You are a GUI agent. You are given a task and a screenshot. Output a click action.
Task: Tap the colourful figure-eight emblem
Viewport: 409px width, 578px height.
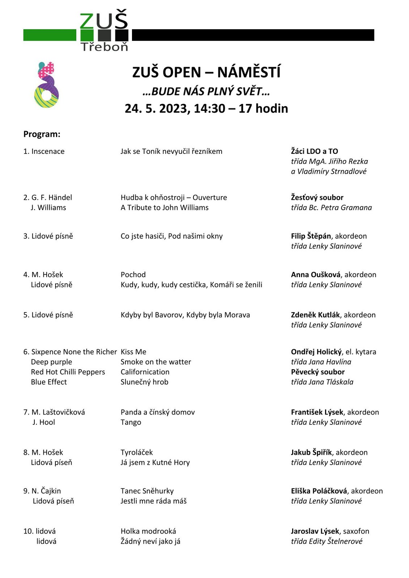coord(46,85)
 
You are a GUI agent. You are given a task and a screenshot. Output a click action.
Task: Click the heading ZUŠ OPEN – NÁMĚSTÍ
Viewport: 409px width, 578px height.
coord(206,72)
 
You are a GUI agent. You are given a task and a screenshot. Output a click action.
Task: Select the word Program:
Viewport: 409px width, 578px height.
coord(42,134)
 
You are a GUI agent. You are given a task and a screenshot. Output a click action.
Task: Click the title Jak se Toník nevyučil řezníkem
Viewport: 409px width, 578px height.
coord(171,151)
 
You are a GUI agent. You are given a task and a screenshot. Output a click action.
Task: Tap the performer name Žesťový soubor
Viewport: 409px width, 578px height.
coord(317,197)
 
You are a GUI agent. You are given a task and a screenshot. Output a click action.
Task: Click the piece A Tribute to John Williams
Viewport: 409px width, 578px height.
coord(165,207)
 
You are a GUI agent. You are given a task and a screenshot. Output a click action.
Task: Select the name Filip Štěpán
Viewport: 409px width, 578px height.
coord(311,236)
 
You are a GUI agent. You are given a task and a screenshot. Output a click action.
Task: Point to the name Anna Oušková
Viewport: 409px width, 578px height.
coord(316,275)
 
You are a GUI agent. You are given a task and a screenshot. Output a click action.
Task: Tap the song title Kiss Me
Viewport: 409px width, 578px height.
coord(133,351)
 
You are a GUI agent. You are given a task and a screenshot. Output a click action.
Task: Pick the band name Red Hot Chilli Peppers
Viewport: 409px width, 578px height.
coord(68,372)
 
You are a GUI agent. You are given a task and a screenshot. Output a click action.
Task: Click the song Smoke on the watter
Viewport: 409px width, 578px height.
coord(156,362)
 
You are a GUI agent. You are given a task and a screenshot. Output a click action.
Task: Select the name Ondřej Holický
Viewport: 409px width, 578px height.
coord(316,351)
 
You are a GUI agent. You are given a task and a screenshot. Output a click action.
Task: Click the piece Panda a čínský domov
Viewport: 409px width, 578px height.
coord(158,412)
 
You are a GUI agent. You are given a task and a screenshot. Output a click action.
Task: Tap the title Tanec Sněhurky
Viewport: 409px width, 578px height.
coord(147,491)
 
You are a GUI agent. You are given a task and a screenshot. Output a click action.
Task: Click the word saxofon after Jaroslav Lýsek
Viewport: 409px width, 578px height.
coord(356,531)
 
